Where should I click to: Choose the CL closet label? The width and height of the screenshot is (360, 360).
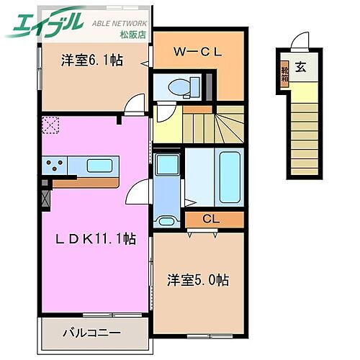(x=211, y=219)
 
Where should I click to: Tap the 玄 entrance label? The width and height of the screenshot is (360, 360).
(x=300, y=68)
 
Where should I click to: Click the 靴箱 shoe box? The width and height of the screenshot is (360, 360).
(x=284, y=74)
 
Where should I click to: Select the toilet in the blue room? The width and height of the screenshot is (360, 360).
(x=177, y=88)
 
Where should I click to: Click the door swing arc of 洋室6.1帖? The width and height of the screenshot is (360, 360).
(x=132, y=105)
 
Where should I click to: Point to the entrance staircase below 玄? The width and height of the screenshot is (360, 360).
(x=302, y=130)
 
